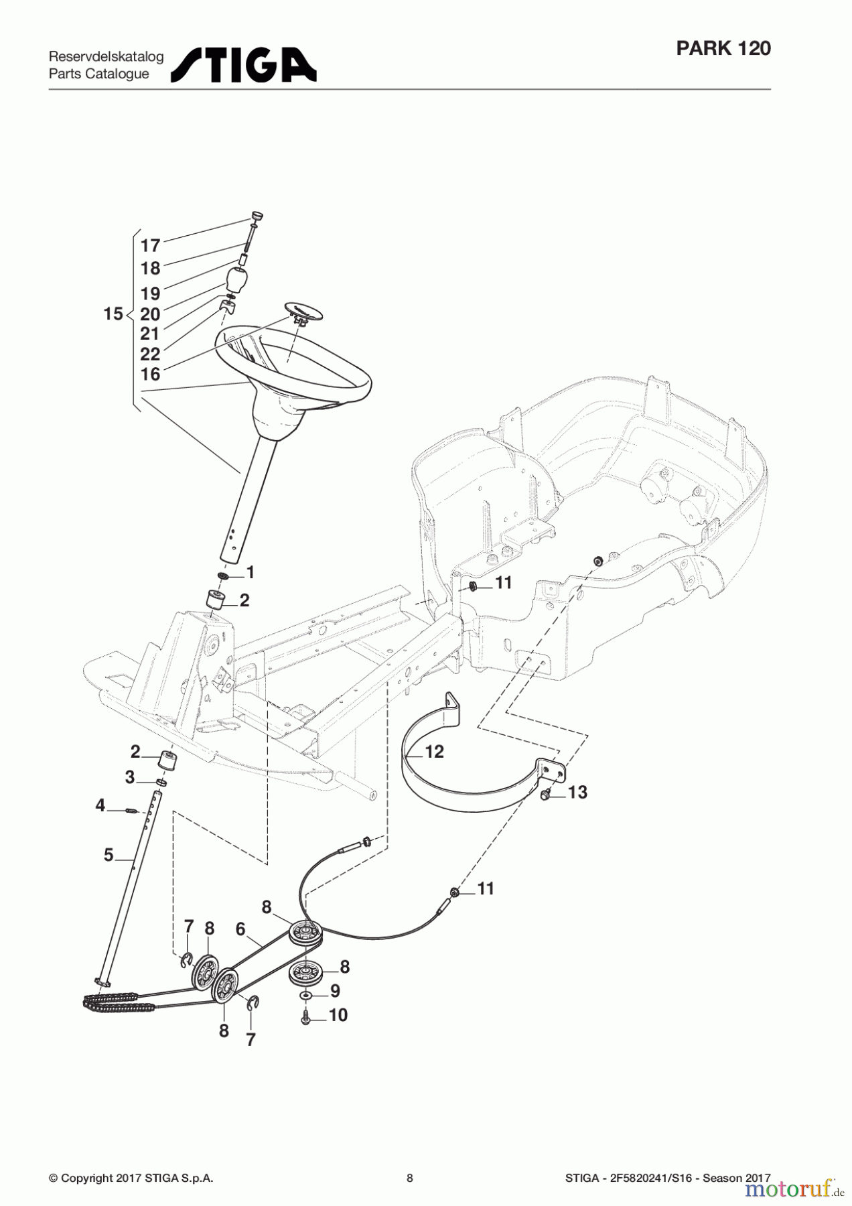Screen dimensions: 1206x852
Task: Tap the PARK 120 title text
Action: point(723,48)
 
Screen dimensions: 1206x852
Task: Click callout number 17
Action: point(150,246)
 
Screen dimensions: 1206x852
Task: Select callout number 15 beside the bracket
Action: point(113,314)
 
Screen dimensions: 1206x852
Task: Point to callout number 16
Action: point(150,374)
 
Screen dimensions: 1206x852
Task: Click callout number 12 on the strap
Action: point(434,752)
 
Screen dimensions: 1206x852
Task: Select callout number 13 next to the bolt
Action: point(577,793)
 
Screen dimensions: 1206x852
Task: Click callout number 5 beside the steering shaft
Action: point(109,855)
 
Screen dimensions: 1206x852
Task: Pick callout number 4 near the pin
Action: point(100,805)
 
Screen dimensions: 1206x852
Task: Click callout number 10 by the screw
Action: point(338,1015)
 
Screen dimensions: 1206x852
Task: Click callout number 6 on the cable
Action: point(240,929)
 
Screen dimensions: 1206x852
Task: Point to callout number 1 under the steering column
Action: point(251,573)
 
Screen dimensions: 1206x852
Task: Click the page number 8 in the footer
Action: point(410,1178)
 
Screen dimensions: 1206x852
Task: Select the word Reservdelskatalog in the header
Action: point(106,57)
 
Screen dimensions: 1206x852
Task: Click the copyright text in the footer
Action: point(131,1178)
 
